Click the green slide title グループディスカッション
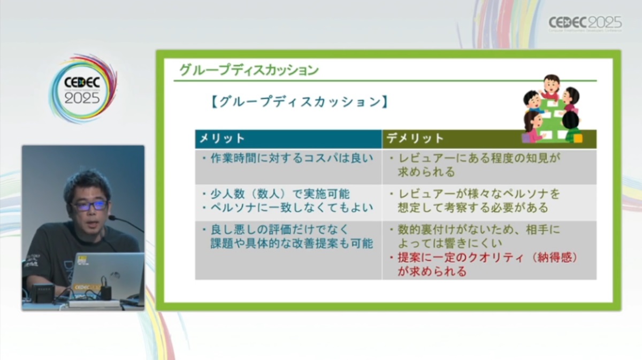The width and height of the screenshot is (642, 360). [249, 70]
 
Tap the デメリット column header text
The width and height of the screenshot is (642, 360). [415, 139]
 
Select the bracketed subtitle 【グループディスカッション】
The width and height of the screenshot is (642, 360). [299, 102]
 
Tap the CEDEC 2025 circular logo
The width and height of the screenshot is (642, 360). [83, 89]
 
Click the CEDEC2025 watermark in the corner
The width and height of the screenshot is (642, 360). [585, 23]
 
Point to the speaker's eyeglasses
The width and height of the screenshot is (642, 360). [89, 205]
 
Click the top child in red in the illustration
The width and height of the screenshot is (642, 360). [551, 87]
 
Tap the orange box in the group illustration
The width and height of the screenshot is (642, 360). [578, 139]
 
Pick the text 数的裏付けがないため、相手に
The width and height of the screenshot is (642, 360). [479, 230]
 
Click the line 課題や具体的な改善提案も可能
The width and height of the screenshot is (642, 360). [292, 243]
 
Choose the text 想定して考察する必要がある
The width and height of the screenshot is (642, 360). [473, 208]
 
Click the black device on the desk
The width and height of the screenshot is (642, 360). [43, 293]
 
